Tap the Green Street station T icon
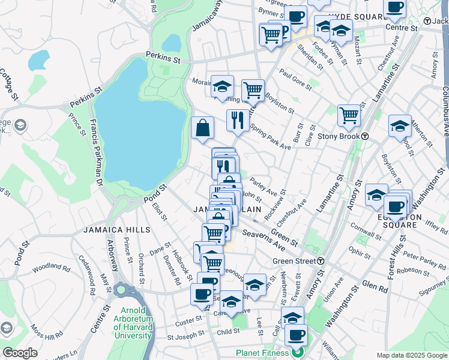click(x=321, y=261)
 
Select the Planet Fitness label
click(x=262, y=353)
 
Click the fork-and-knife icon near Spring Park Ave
click(x=238, y=120)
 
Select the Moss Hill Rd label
click(x=49, y=337)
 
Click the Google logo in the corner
click(x=19, y=353)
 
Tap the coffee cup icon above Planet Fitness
click(x=296, y=335)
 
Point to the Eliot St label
click(x=159, y=212)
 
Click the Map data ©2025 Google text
click(x=411, y=355)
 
